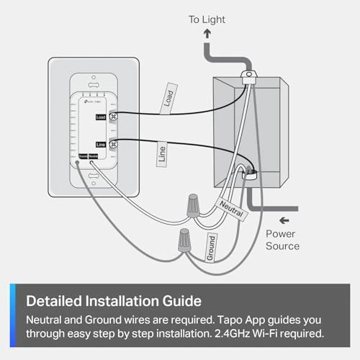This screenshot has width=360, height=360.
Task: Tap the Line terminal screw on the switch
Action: [x=113, y=145]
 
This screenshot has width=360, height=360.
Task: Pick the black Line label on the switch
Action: [x=101, y=145]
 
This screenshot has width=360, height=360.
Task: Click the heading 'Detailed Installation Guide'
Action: [x=114, y=300]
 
